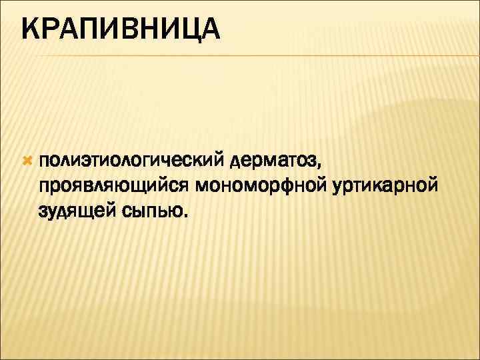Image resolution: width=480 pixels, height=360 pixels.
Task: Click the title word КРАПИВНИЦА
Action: pyautogui.click(x=120, y=30)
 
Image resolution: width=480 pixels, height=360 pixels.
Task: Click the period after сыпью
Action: pyautogui.click(x=186, y=216)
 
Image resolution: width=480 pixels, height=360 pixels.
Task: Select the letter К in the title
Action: pyautogui.click(x=31, y=30)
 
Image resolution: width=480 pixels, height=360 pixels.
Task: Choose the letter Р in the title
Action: pyautogui.click(x=51, y=30)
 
